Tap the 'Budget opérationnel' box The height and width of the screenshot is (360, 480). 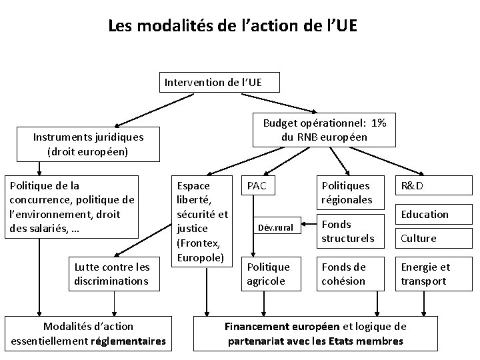(325, 131)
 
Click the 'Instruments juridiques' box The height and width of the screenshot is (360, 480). (88, 144)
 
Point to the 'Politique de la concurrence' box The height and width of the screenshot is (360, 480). (71, 207)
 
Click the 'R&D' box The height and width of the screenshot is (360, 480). (413, 186)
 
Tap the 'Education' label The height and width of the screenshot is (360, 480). (425, 214)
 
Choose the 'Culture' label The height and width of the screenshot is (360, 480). (418, 238)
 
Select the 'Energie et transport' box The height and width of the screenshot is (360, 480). (425, 274)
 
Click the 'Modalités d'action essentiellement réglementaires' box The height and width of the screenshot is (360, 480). (88, 333)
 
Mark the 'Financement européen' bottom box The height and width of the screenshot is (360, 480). (315, 333)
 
